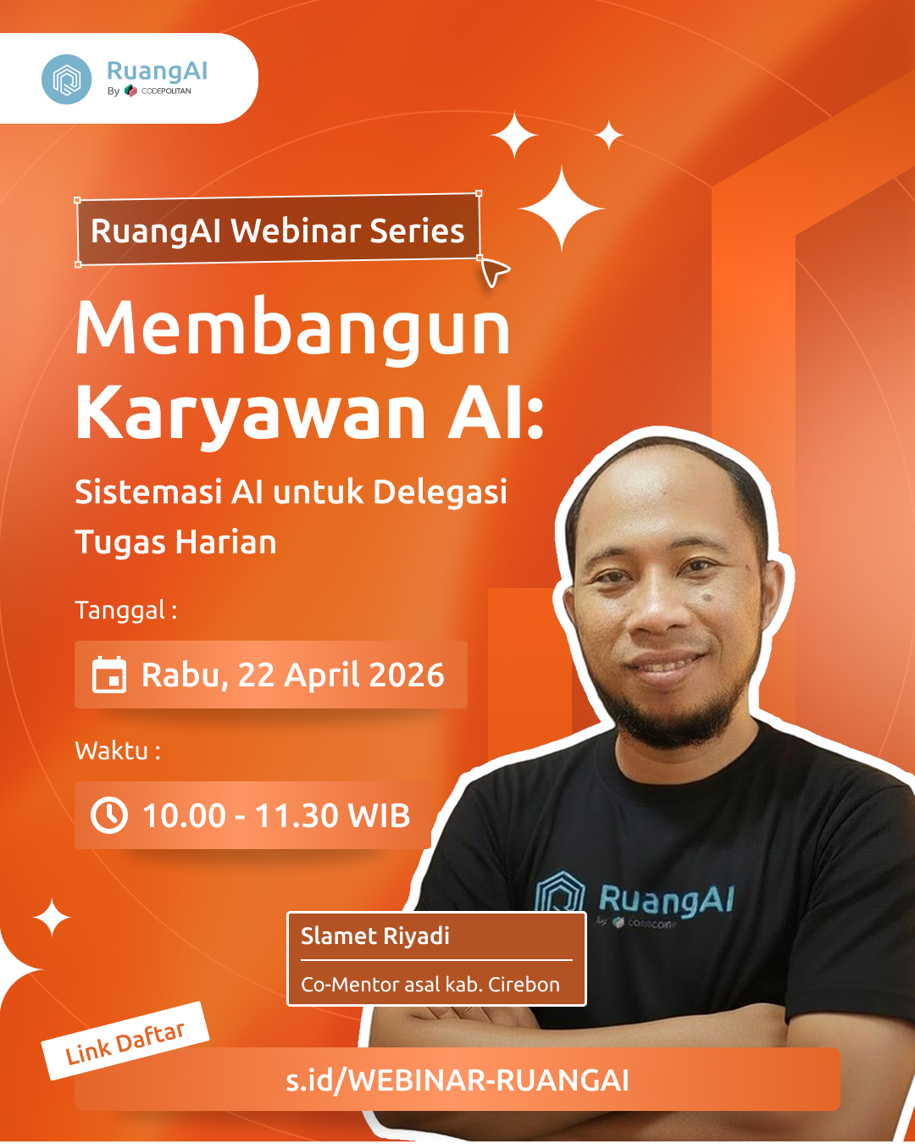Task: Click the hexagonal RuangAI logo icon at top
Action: pos(66,80)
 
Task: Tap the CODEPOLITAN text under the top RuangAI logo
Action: pos(166,92)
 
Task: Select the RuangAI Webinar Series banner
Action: pos(278,230)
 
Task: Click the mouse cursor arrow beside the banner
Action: pos(494,272)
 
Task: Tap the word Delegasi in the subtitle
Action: pos(440,492)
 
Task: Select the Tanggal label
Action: pos(125,610)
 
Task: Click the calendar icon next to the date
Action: pos(109,675)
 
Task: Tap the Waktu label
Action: pos(117,751)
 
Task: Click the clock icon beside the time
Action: pos(109,815)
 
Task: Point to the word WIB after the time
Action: pos(379,816)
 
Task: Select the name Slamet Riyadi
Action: pos(375,936)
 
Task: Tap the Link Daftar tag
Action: pos(125,1041)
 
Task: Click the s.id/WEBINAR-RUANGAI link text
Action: pos(457,1080)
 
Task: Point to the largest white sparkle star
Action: pos(562,208)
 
